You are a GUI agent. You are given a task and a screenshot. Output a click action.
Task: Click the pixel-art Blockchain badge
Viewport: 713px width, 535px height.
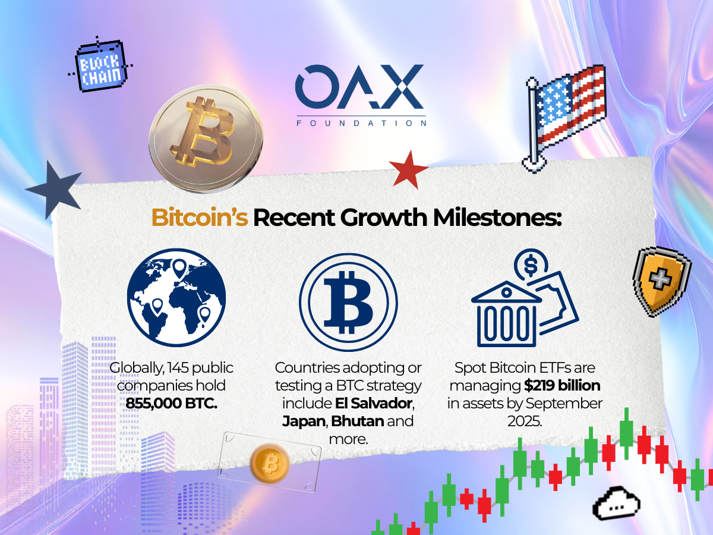[100, 65]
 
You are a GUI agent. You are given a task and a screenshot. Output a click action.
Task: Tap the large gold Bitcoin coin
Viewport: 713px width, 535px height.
[206, 139]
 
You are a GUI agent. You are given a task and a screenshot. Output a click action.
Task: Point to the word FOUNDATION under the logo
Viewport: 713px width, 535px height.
[361, 123]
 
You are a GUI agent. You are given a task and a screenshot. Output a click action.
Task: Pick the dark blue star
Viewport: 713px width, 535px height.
[55, 190]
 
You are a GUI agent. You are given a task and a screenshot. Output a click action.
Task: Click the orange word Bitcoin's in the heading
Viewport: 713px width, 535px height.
[200, 218]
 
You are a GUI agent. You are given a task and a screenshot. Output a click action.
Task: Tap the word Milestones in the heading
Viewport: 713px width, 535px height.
[497, 217]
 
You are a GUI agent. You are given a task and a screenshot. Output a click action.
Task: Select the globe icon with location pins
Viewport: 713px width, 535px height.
[176, 297]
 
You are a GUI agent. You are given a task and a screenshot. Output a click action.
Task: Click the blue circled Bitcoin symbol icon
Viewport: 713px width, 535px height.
[348, 303]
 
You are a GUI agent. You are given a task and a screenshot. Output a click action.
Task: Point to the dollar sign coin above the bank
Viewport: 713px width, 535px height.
[531, 265]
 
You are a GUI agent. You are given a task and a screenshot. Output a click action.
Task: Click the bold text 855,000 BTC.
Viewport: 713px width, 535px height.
[171, 404]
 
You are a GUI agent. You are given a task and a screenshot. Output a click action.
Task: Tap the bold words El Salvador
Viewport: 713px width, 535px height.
[374, 404]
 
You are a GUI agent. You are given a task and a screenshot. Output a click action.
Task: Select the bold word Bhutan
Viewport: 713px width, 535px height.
[357, 421]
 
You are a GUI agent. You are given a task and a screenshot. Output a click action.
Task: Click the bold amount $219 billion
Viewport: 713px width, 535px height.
[562, 386]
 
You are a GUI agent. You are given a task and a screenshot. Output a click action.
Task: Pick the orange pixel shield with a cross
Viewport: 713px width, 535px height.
[661, 281]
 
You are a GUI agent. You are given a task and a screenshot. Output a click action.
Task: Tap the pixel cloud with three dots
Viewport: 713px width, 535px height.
[616, 503]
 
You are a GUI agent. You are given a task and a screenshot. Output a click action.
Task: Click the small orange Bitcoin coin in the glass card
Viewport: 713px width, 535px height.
[270, 463]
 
